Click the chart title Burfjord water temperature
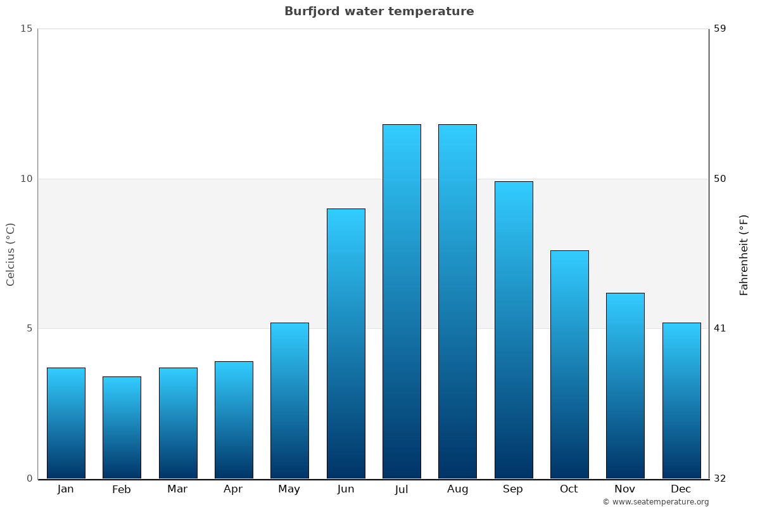pyautogui.click(x=379, y=11)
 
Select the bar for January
pyautogui.click(x=66, y=423)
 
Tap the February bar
pyautogui.click(x=122, y=427)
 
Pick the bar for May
pyautogui.click(x=289, y=401)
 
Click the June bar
pyautogui.click(x=346, y=343)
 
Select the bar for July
pyautogui.click(x=402, y=301)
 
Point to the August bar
pyautogui.click(x=457, y=301)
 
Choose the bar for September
pyautogui.click(x=514, y=330)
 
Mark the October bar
pyautogui.click(x=569, y=364)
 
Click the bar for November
pyautogui.click(x=625, y=385)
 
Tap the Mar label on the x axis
pyautogui.click(x=177, y=489)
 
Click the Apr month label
pyautogui.click(x=233, y=489)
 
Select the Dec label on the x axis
pyautogui.click(x=681, y=489)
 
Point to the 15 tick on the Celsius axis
pyautogui.click(x=26, y=29)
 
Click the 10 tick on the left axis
pyautogui.click(x=26, y=179)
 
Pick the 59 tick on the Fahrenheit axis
pyautogui.click(x=720, y=29)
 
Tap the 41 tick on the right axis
pyautogui.click(x=720, y=328)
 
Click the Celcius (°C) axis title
pyautogui.click(x=11, y=254)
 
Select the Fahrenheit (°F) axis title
pyautogui.click(x=744, y=254)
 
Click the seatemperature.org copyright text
pyautogui.click(x=655, y=502)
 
